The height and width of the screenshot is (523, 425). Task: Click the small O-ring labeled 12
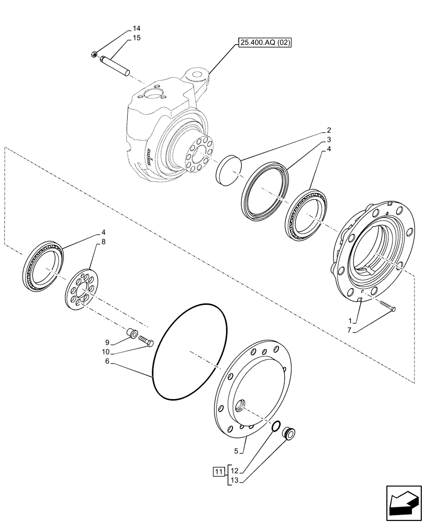point(276,427)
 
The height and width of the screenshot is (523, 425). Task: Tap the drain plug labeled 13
point(289,433)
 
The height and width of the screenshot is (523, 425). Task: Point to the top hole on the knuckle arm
point(197,75)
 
